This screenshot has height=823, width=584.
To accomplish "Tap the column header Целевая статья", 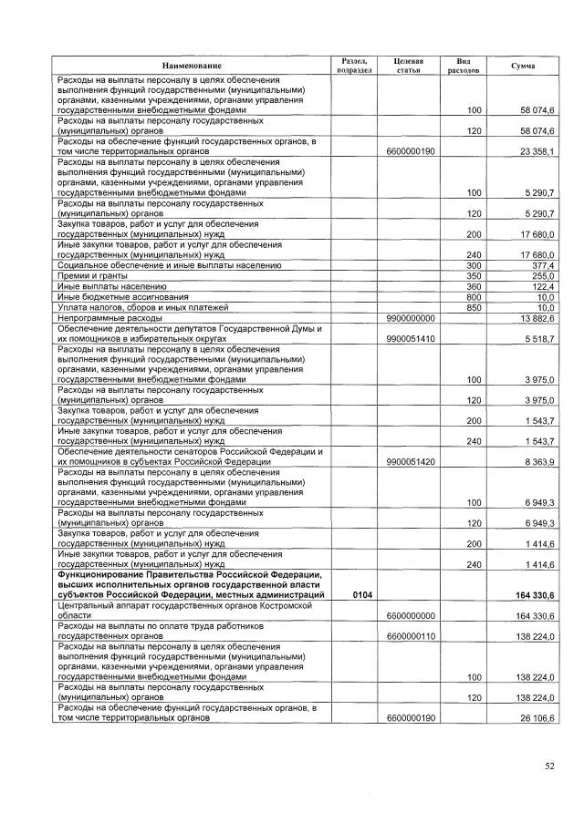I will [410, 66].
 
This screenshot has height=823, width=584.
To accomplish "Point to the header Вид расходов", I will [464, 66].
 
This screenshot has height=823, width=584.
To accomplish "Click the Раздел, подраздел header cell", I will [353, 66].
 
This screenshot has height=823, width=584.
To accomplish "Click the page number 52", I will [550, 766].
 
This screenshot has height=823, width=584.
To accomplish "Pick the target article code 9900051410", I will [411, 338].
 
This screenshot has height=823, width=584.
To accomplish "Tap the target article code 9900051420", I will [411, 462].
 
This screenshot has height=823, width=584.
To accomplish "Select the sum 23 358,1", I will [537, 151].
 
